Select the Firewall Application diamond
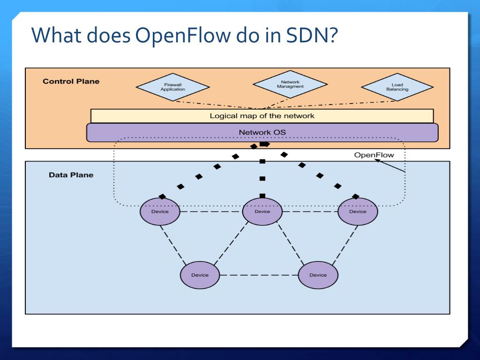click(x=172, y=87)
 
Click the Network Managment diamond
click(x=290, y=84)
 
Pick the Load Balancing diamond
click(x=397, y=87)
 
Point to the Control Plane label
click(x=71, y=81)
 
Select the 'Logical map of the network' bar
click(x=262, y=116)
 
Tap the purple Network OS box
click(x=262, y=132)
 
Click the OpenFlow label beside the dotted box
click(x=374, y=155)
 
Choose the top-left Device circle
click(x=160, y=211)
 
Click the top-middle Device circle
click(x=262, y=211)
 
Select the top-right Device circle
click(x=358, y=211)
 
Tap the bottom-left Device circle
click(x=200, y=275)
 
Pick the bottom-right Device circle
click(x=318, y=275)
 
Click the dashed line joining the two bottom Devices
click(x=259, y=275)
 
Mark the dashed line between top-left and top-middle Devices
click(x=211, y=211)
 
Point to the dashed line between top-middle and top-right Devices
click(x=310, y=211)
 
